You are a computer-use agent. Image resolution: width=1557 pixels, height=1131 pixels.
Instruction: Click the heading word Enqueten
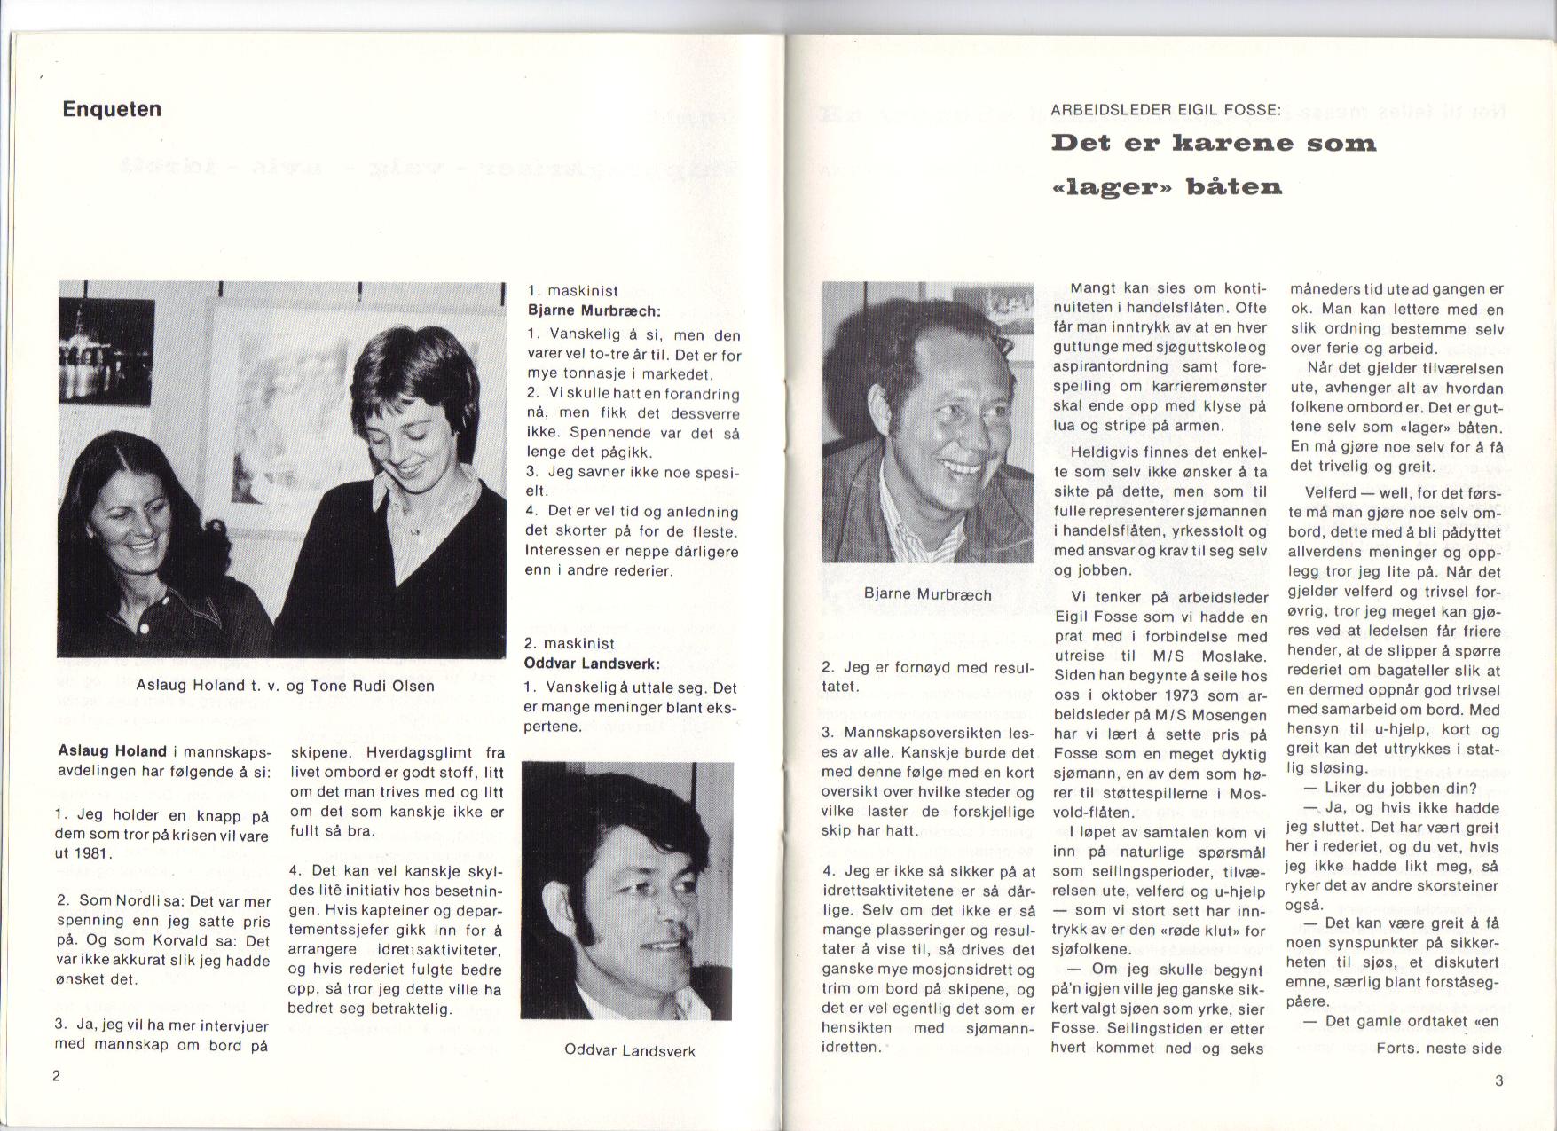point(112,109)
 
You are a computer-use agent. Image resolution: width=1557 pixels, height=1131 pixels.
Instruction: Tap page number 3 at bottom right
point(1498,1080)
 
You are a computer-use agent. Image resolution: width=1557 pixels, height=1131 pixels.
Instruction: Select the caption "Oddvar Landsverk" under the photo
point(629,1051)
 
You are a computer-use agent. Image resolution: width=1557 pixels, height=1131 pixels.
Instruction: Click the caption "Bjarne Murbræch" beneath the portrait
point(927,594)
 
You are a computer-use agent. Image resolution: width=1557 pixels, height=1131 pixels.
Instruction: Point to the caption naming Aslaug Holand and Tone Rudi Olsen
point(285,685)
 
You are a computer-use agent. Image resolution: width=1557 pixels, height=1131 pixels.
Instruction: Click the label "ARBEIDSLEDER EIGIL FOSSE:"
point(1166,111)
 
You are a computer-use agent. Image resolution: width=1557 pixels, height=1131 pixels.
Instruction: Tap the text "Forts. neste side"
point(1438,1049)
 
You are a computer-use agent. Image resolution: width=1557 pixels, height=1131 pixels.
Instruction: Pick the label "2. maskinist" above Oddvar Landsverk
point(569,643)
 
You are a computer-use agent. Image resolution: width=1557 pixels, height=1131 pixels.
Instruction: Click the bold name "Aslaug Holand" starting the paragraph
point(114,751)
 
